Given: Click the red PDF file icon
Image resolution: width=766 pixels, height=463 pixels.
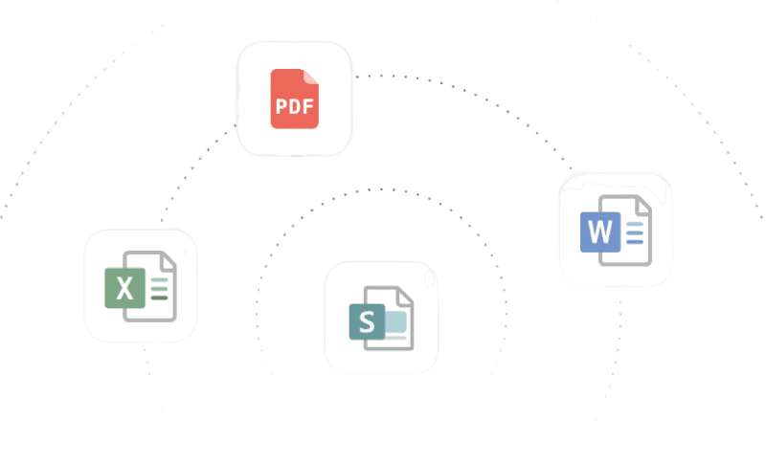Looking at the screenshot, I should pyautogui.click(x=294, y=99).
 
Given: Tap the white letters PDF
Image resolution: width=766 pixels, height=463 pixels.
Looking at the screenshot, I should pyautogui.click(x=294, y=108).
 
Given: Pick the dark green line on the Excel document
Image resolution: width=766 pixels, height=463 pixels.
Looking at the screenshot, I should pyautogui.click(x=160, y=298).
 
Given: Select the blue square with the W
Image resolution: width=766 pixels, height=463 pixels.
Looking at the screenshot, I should pyautogui.click(x=599, y=231).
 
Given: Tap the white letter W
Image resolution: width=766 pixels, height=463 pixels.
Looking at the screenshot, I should pyautogui.click(x=599, y=231).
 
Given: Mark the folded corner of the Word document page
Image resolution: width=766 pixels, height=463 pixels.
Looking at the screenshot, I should pyautogui.click(x=644, y=204).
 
